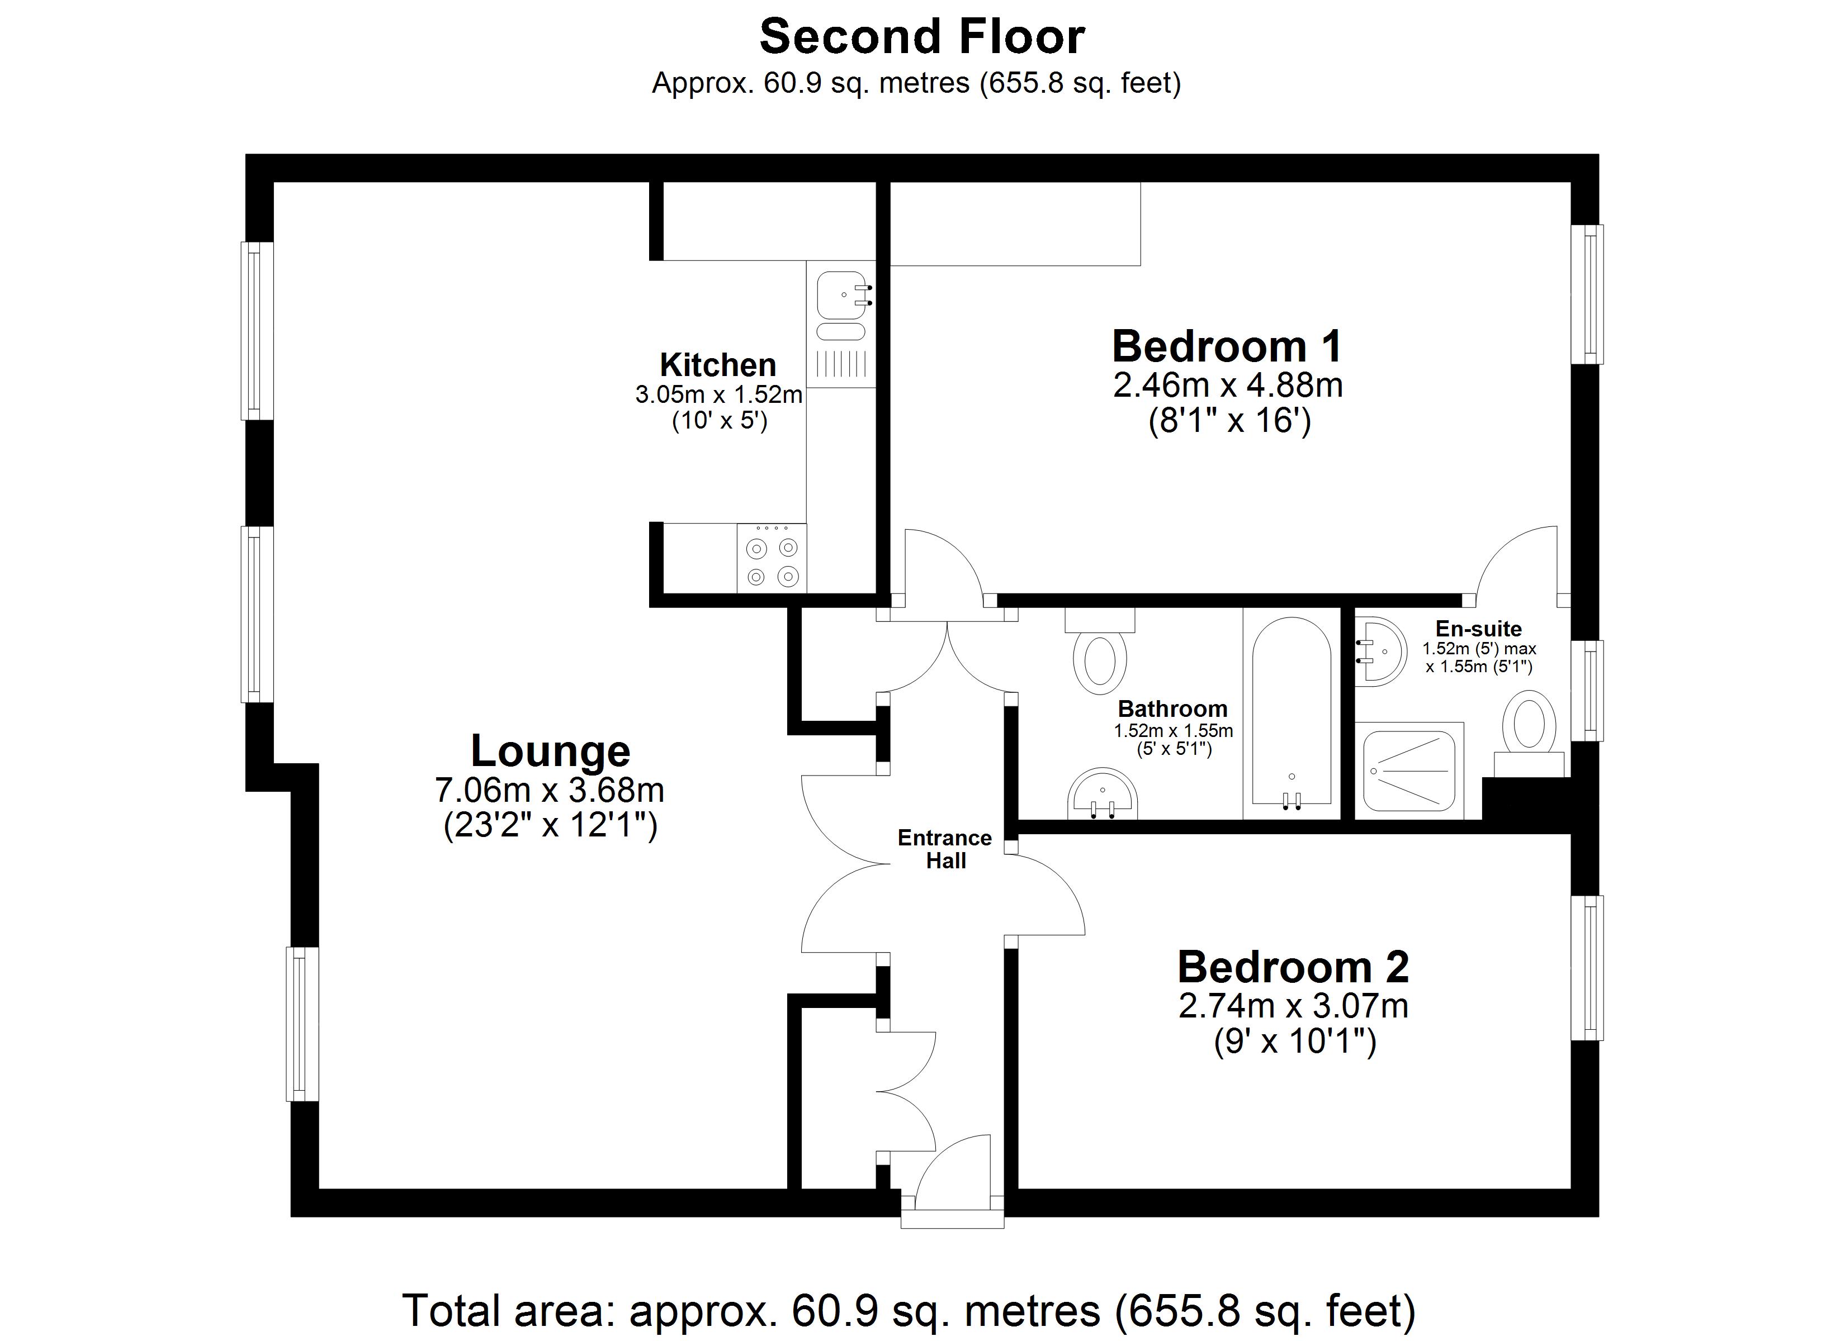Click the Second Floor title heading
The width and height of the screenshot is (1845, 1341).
pyautogui.click(x=922, y=37)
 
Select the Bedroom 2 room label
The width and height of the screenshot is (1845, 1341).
pyautogui.click(x=1293, y=967)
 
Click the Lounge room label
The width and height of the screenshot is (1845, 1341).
pyautogui.click(x=551, y=750)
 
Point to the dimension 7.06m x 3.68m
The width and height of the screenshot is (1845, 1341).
pyautogui.click(x=550, y=790)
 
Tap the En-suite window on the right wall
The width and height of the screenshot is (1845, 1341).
pyautogui.click(x=1586, y=691)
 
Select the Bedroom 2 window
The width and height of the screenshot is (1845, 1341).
pyautogui.click(x=1586, y=968)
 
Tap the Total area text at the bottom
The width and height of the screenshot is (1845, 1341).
pyautogui.click(x=909, y=1311)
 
